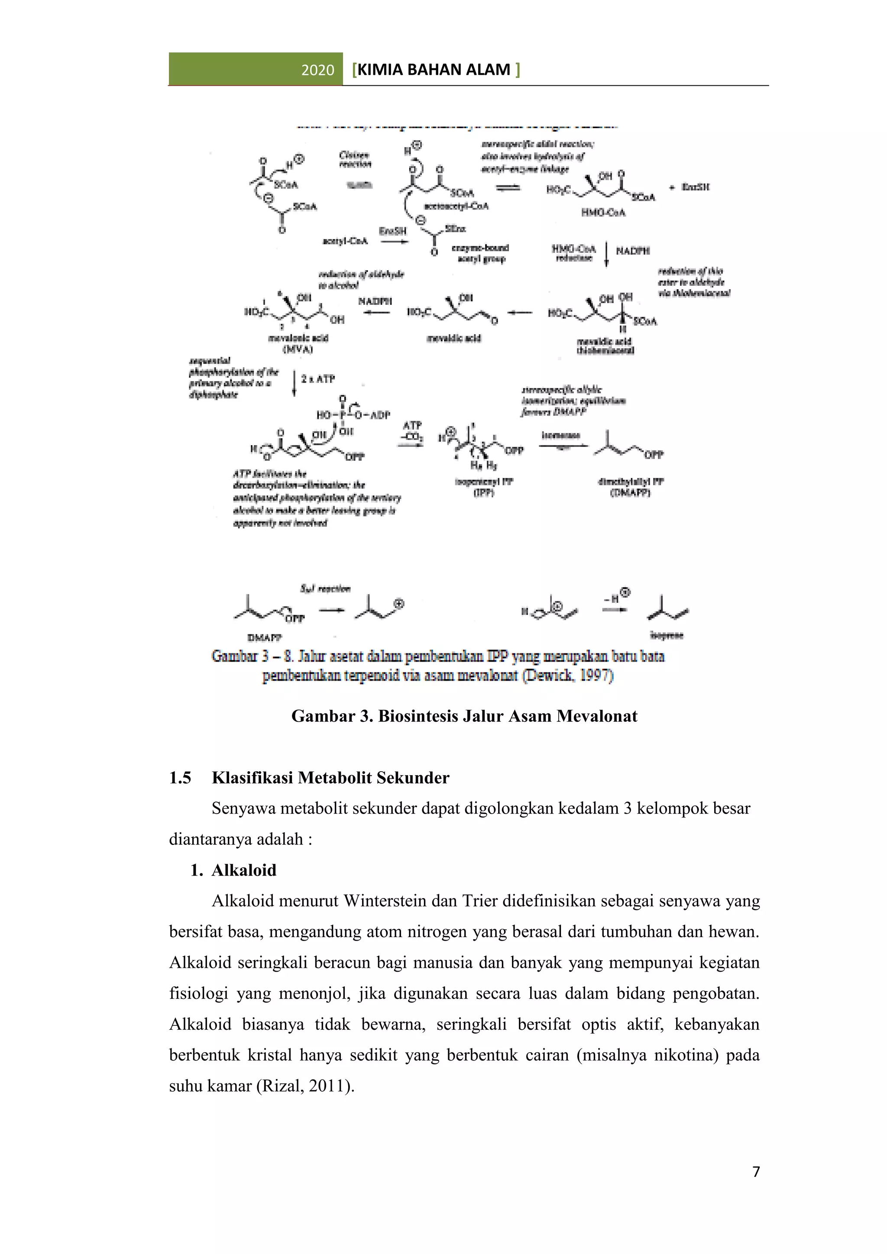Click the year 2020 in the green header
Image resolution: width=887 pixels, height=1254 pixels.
coord(317,70)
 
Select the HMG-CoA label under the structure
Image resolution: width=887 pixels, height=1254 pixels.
coord(603,213)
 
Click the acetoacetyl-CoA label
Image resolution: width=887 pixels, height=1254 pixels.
coord(456,206)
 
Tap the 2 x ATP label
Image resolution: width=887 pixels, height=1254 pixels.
coord(317,378)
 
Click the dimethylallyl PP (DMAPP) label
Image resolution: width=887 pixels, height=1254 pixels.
coord(630,487)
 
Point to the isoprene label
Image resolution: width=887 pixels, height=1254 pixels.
coord(667,635)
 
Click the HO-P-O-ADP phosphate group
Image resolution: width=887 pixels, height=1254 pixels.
coord(353,415)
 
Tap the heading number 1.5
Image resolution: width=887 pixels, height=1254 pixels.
coord(180,777)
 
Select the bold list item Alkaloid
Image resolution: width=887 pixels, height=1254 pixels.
coord(243,869)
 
